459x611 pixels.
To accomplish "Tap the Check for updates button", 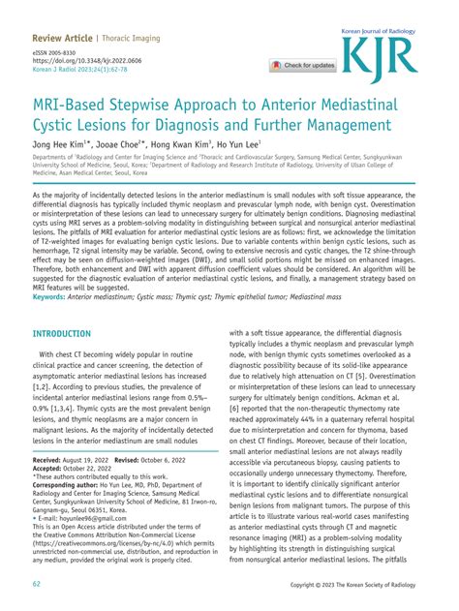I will [x=305, y=66].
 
